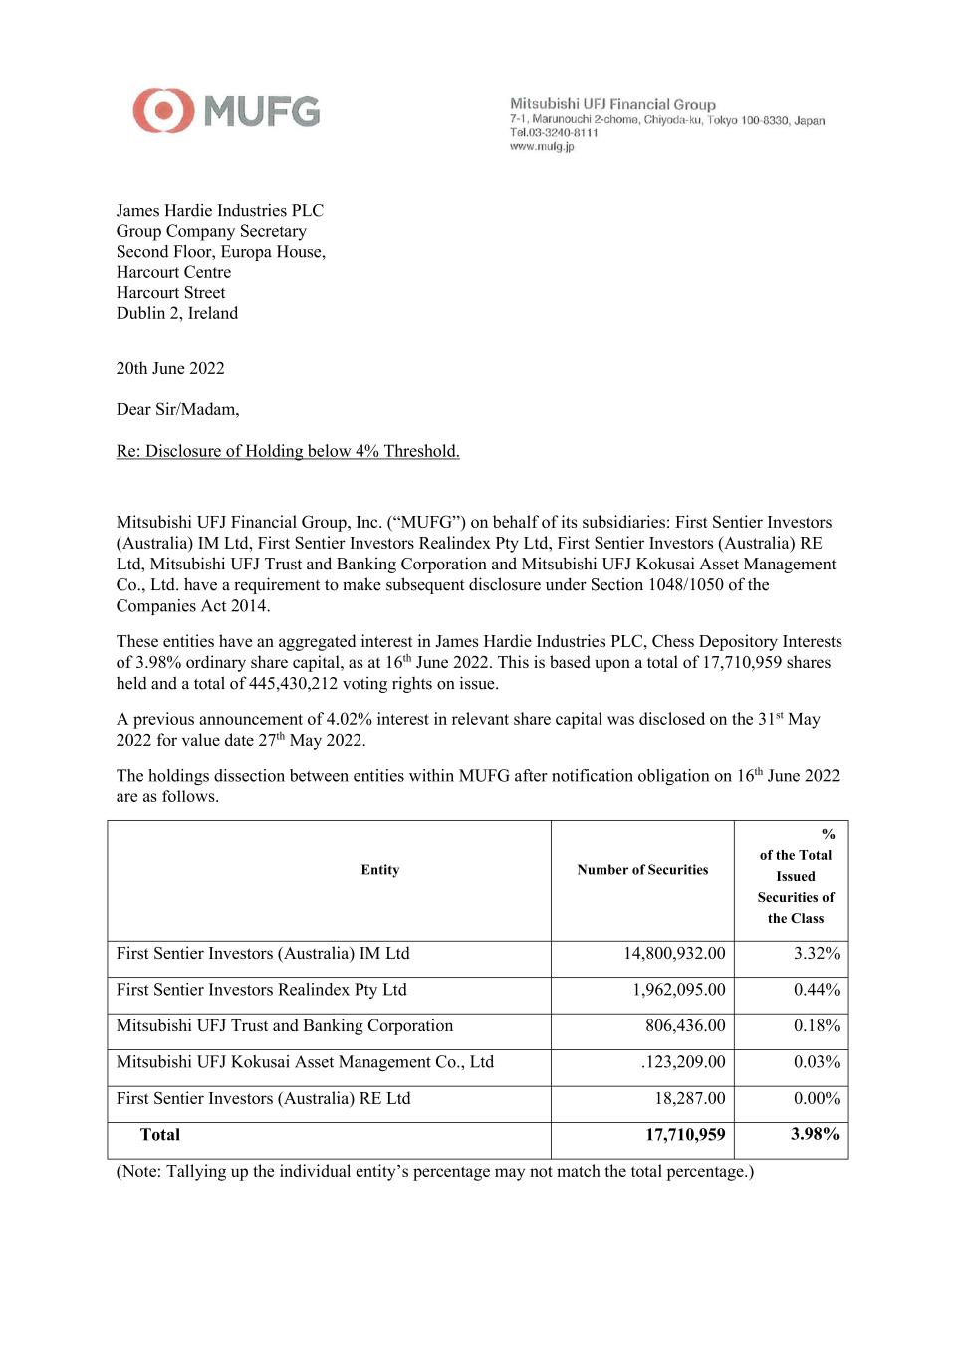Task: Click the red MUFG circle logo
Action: pos(163,111)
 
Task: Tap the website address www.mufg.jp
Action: pos(542,146)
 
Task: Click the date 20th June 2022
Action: pos(170,368)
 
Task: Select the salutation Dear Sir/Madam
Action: pos(177,409)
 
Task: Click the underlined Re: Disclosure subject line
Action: pos(288,451)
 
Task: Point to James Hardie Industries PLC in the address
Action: pos(219,210)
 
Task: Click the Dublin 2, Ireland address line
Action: pos(177,313)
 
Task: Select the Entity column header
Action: pos(379,870)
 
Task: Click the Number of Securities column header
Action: pos(642,870)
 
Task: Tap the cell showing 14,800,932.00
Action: pos(674,953)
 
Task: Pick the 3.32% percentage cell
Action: pos(816,953)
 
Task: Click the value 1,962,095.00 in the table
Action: pos(678,990)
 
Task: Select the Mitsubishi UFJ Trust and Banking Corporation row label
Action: pos(284,1025)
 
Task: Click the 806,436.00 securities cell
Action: pos(685,1025)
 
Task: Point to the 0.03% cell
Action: pos(816,1062)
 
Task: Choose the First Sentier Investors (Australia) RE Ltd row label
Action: pos(263,1098)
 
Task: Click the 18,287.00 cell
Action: pos(689,1098)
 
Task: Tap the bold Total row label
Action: pos(160,1135)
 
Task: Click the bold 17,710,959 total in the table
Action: pos(685,1135)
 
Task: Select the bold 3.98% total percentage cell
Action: pos(815,1134)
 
